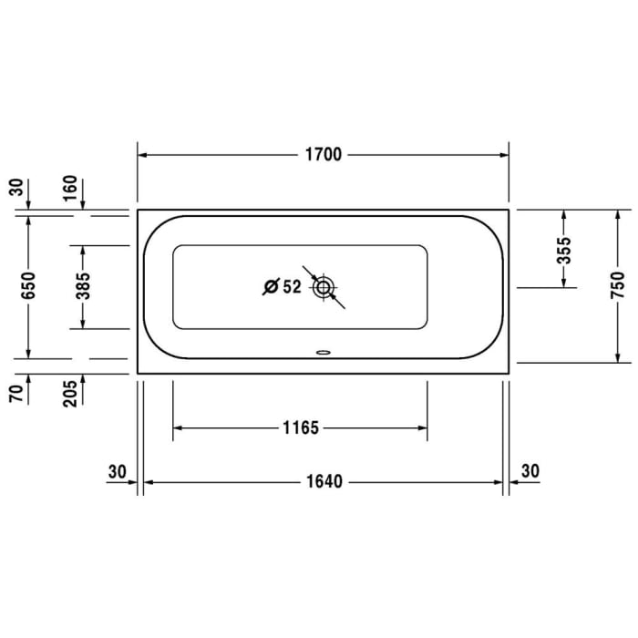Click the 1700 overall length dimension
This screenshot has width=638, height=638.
pyautogui.click(x=323, y=154)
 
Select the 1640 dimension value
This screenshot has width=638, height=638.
pyautogui.click(x=323, y=481)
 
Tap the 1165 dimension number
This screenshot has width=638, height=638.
pyautogui.click(x=300, y=427)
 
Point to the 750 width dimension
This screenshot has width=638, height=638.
pyautogui.click(x=617, y=285)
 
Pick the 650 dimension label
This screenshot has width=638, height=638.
pyautogui.click(x=28, y=286)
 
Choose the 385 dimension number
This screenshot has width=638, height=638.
pyautogui.click(x=83, y=286)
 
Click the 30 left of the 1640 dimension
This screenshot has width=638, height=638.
pyautogui.click(x=116, y=471)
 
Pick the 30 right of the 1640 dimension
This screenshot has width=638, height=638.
pyautogui.click(x=530, y=471)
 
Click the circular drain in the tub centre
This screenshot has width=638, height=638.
pyautogui.click(x=323, y=288)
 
